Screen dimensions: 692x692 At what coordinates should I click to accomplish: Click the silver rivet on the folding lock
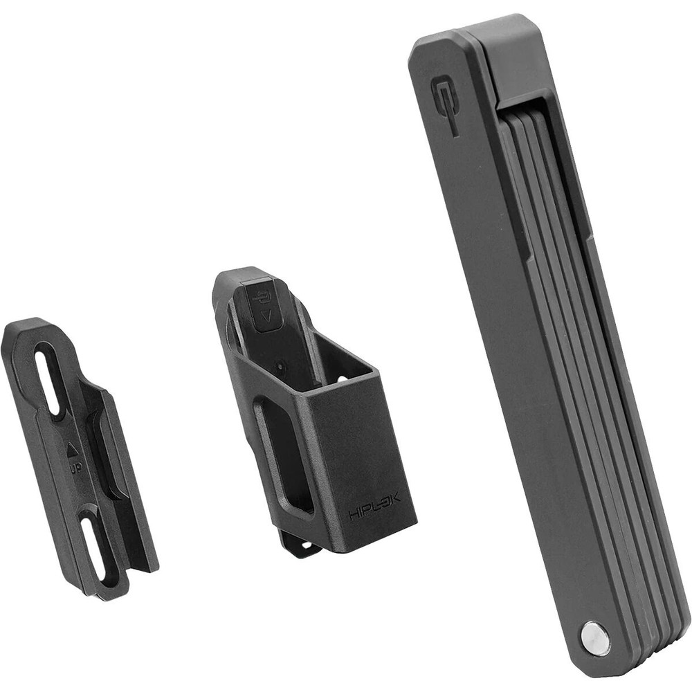click(x=594, y=637)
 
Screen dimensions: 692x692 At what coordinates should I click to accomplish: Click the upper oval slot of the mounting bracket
click(x=49, y=378)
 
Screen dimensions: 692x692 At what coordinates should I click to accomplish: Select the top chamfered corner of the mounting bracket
click(x=28, y=325)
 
